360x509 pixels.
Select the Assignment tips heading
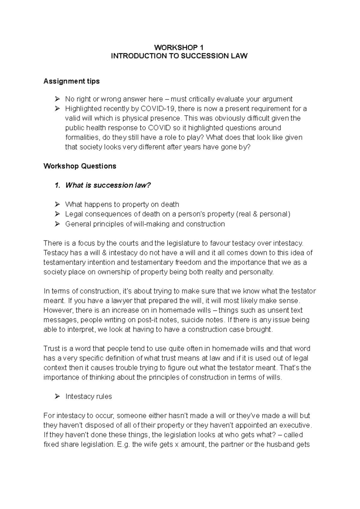71,81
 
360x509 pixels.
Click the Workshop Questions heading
79,166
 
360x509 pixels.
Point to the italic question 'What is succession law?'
108,185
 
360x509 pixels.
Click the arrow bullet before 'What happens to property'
57,204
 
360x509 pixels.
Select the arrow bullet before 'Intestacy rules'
57,397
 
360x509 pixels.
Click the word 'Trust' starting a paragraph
51,349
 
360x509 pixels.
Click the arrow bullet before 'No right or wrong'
57,99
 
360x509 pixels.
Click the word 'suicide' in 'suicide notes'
192,320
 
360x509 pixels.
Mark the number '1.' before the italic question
58,185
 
